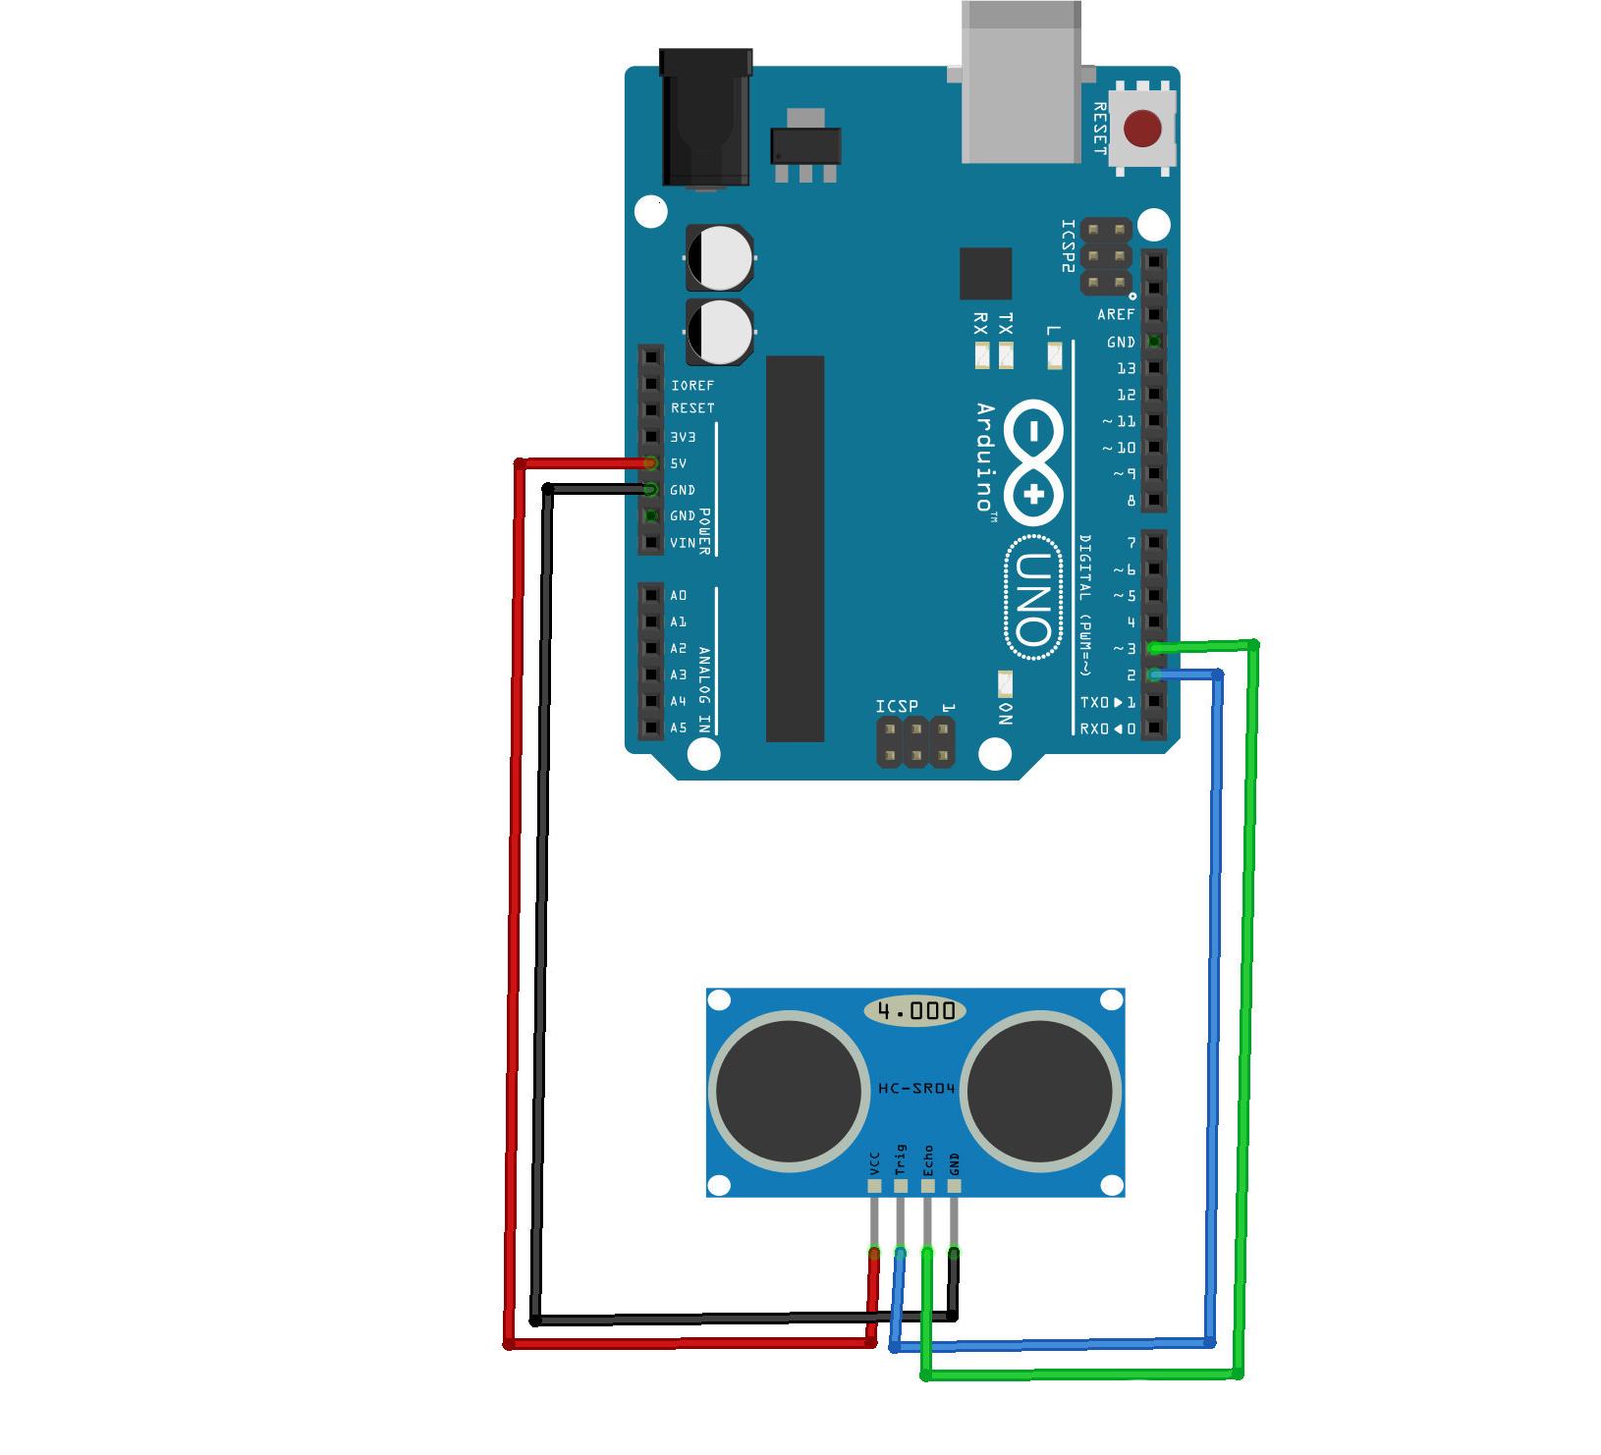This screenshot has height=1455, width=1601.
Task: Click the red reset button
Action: (1142, 129)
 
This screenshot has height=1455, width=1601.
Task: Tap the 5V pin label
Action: (679, 463)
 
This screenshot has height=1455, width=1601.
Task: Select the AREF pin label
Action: (1116, 315)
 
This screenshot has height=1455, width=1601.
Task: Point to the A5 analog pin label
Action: (679, 728)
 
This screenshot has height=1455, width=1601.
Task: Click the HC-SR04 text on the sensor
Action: (915, 1089)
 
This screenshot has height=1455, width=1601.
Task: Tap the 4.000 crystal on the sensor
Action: (915, 1010)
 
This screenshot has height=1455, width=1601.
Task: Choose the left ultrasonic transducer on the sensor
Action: (789, 1089)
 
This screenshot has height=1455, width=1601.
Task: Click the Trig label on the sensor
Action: (901, 1159)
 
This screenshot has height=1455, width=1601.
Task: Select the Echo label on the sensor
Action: (927, 1160)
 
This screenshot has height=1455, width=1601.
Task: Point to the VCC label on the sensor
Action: (874, 1164)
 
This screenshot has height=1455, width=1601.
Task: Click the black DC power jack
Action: (705, 119)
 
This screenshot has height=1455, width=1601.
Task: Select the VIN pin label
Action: (683, 543)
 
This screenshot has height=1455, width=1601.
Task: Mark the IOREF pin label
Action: (692, 386)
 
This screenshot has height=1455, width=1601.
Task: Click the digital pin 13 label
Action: (1126, 368)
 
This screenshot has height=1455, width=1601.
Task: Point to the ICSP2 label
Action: (1069, 245)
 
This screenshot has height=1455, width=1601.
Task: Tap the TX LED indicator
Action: (1005, 355)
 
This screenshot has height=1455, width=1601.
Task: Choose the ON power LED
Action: (1005, 683)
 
